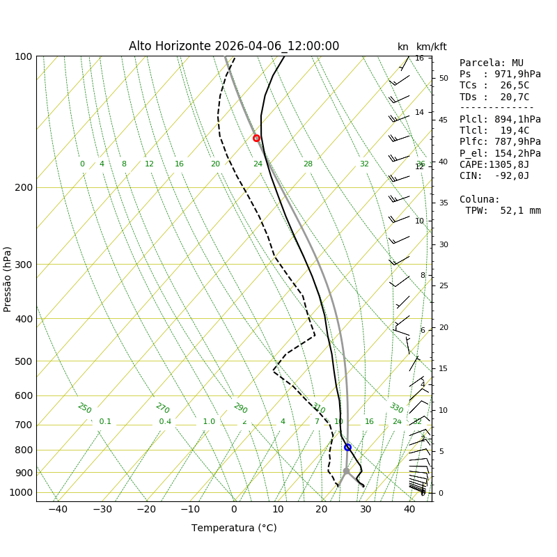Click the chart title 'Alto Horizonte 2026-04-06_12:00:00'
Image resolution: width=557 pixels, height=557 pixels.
pos(234,47)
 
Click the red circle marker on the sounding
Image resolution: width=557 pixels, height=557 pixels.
pos(256,138)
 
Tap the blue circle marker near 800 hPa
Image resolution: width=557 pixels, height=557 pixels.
pos(347,447)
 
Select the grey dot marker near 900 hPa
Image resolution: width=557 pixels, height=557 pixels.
pos(346,471)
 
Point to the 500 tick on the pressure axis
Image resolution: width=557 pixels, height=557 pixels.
pos(24,361)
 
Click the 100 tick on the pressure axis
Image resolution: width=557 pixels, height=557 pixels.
pos(24,56)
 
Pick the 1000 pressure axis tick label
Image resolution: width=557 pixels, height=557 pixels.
pos(22,492)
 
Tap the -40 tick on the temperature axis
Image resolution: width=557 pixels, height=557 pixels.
pos(58,510)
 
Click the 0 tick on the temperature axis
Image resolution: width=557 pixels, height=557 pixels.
pos(234,510)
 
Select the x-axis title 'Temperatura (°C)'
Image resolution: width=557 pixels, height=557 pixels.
pos(234,528)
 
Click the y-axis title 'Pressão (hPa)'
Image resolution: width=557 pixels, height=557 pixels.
pos(8,278)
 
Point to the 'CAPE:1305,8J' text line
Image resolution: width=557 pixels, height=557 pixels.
pos(494,165)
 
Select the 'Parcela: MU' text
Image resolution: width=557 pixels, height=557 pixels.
pos(492,63)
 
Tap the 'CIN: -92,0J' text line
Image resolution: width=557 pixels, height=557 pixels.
pos(492,176)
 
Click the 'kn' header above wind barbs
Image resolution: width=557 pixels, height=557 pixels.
pos(403,47)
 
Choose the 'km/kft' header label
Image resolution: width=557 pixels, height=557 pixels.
pos(432,47)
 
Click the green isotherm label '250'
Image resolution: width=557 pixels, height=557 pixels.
pos(84,408)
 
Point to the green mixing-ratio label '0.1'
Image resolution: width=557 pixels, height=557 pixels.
pos(105,422)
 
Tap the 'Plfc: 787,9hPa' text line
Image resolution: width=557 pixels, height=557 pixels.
pos(500,142)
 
